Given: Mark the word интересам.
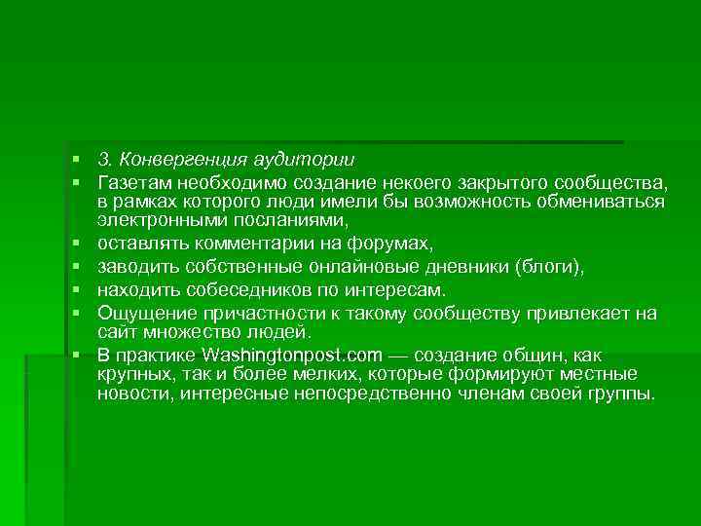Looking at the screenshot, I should coord(398,289).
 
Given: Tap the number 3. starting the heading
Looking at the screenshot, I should coord(104,160).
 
